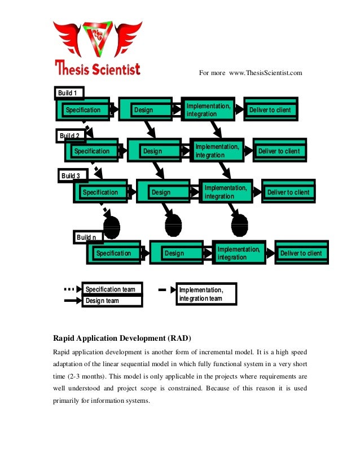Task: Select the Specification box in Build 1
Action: (83, 110)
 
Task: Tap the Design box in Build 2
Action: (152, 151)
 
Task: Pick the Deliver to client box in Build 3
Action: (288, 192)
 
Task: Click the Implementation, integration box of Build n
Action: (239, 253)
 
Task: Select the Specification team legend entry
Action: (111, 289)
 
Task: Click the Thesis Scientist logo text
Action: (98, 68)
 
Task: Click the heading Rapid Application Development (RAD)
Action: (122, 338)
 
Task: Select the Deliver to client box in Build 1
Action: (270, 110)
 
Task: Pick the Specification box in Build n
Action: (113, 253)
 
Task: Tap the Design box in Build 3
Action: (161, 192)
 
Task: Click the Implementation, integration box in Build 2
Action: (217, 151)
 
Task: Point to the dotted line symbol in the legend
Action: (69, 289)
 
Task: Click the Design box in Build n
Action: (174, 253)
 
